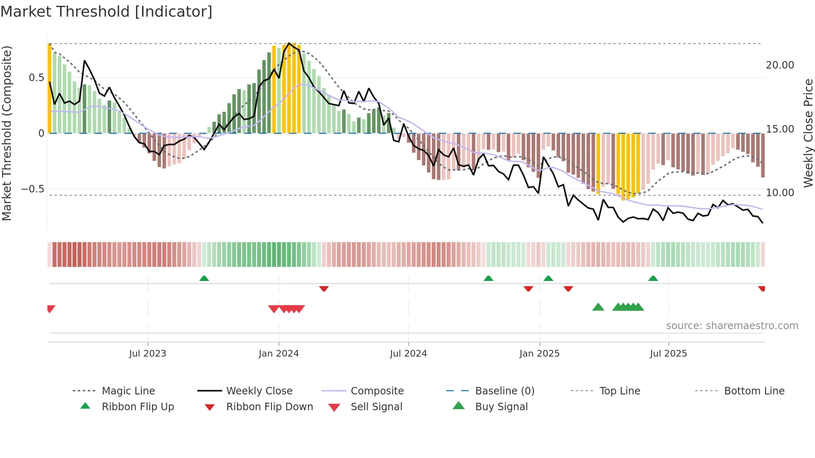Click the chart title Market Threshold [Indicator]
(x=106, y=12)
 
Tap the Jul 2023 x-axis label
(x=148, y=354)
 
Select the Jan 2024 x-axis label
(x=279, y=354)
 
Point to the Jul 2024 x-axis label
(x=408, y=354)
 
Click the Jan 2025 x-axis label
(x=539, y=354)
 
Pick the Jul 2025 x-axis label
(x=668, y=354)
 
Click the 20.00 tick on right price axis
(x=780, y=65)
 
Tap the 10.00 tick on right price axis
(x=780, y=193)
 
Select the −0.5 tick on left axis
(x=32, y=189)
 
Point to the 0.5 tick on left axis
(x=36, y=78)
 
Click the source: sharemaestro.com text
(x=732, y=326)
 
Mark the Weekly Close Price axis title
(x=808, y=133)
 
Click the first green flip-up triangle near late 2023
(x=204, y=278)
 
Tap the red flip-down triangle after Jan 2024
(x=324, y=288)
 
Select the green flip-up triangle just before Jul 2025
(x=653, y=278)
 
